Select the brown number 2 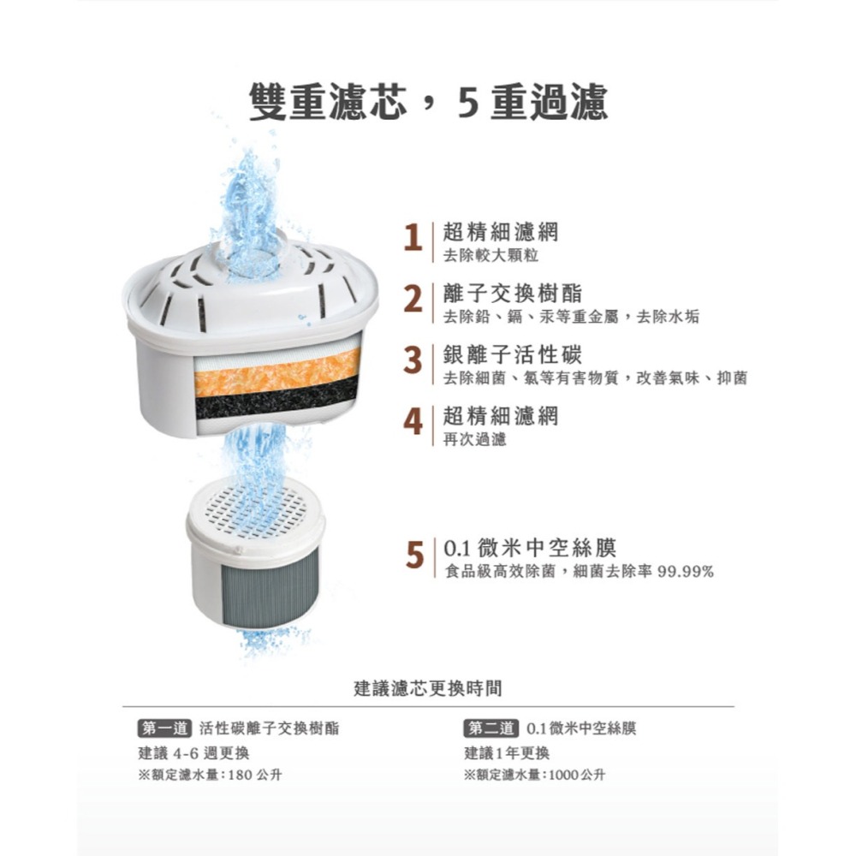pyautogui.click(x=413, y=301)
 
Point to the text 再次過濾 pyautogui.click(x=474, y=440)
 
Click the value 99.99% pyautogui.click(x=685, y=571)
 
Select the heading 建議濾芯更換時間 pyautogui.click(x=428, y=687)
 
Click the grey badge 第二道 pyautogui.click(x=490, y=728)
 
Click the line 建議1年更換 pyautogui.click(x=507, y=753)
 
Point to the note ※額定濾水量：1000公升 pyautogui.click(x=534, y=775)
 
